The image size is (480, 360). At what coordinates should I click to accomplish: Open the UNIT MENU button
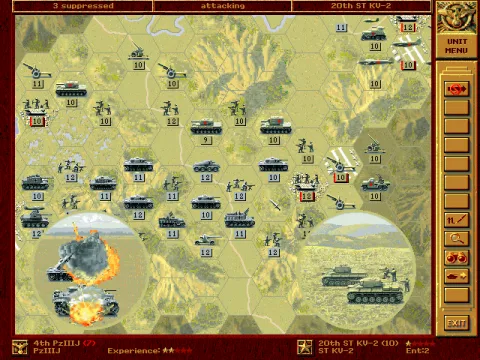(456, 46)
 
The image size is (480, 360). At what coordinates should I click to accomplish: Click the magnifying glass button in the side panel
(456, 238)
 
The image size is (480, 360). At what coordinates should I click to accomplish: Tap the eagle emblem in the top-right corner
(456, 15)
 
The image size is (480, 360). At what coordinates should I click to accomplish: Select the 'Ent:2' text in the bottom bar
(418, 351)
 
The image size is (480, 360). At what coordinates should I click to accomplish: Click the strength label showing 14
(205, 252)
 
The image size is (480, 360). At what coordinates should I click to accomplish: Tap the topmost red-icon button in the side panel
(456, 89)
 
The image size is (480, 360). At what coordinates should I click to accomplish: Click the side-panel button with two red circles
(456, 257)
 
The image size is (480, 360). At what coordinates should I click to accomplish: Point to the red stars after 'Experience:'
(178, 351)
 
